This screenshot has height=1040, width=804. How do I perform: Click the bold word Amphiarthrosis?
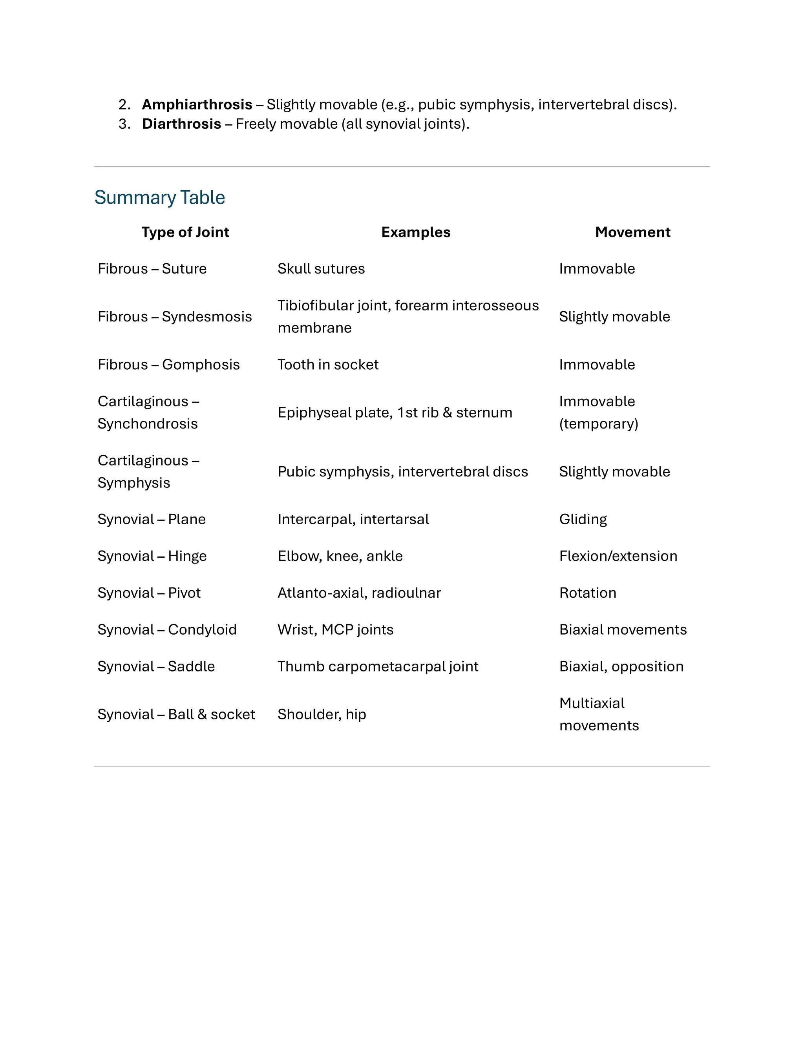(197, 104)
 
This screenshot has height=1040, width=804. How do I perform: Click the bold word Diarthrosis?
(181, 124)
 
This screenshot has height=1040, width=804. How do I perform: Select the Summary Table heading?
(159, 197)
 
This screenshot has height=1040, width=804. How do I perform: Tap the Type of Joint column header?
(185, 232)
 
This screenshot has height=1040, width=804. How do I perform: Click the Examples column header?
(415, 232)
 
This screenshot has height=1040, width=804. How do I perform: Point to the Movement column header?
(632, 232)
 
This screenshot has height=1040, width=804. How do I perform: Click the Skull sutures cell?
(321, 268)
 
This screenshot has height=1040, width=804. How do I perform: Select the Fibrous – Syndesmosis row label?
(174, 317)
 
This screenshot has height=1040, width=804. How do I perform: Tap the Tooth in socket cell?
(328, 364)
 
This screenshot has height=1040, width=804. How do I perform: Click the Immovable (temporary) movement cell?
(598, 412)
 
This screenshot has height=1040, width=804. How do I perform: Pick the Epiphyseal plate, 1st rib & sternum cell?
(395, 412)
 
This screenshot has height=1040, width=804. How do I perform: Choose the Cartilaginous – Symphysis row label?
(148, 471)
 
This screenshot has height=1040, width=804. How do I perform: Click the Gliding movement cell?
(583, 519)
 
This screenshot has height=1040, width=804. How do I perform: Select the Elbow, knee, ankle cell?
(340, 556)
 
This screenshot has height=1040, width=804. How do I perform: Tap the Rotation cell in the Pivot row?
(587, 593)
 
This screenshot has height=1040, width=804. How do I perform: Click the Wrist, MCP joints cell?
(335, 629)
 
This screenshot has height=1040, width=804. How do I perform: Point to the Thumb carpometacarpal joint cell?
(378, 666)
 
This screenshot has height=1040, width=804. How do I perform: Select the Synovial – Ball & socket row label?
(176, 714)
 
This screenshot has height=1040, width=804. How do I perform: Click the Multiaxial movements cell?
(598, 714)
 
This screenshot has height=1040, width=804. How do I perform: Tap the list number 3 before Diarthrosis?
(124, 124)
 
